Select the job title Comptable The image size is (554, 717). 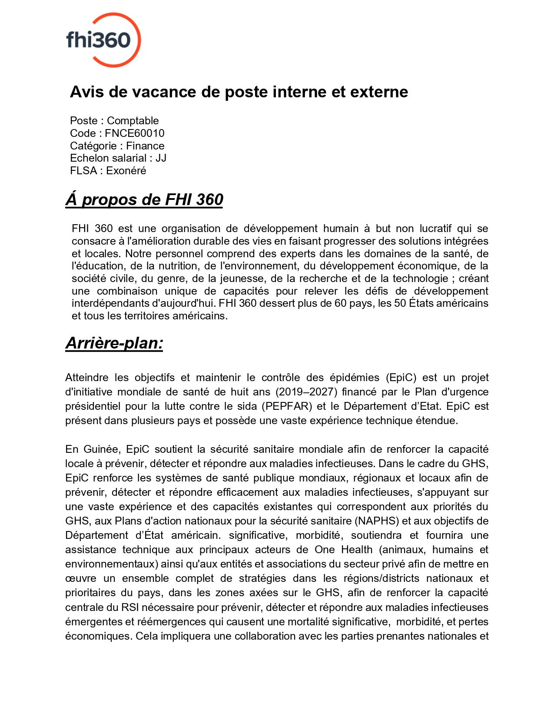(x=133, y=121)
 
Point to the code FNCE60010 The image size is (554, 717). (x=134, y=133)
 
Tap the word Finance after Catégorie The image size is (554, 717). (x=145, y=146)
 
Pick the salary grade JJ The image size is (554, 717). (x=161, y=158)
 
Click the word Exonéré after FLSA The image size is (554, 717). (x=126, y=171)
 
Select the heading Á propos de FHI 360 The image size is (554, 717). (x=144, y=199)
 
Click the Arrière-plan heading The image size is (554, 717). (x=114, y=343)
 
